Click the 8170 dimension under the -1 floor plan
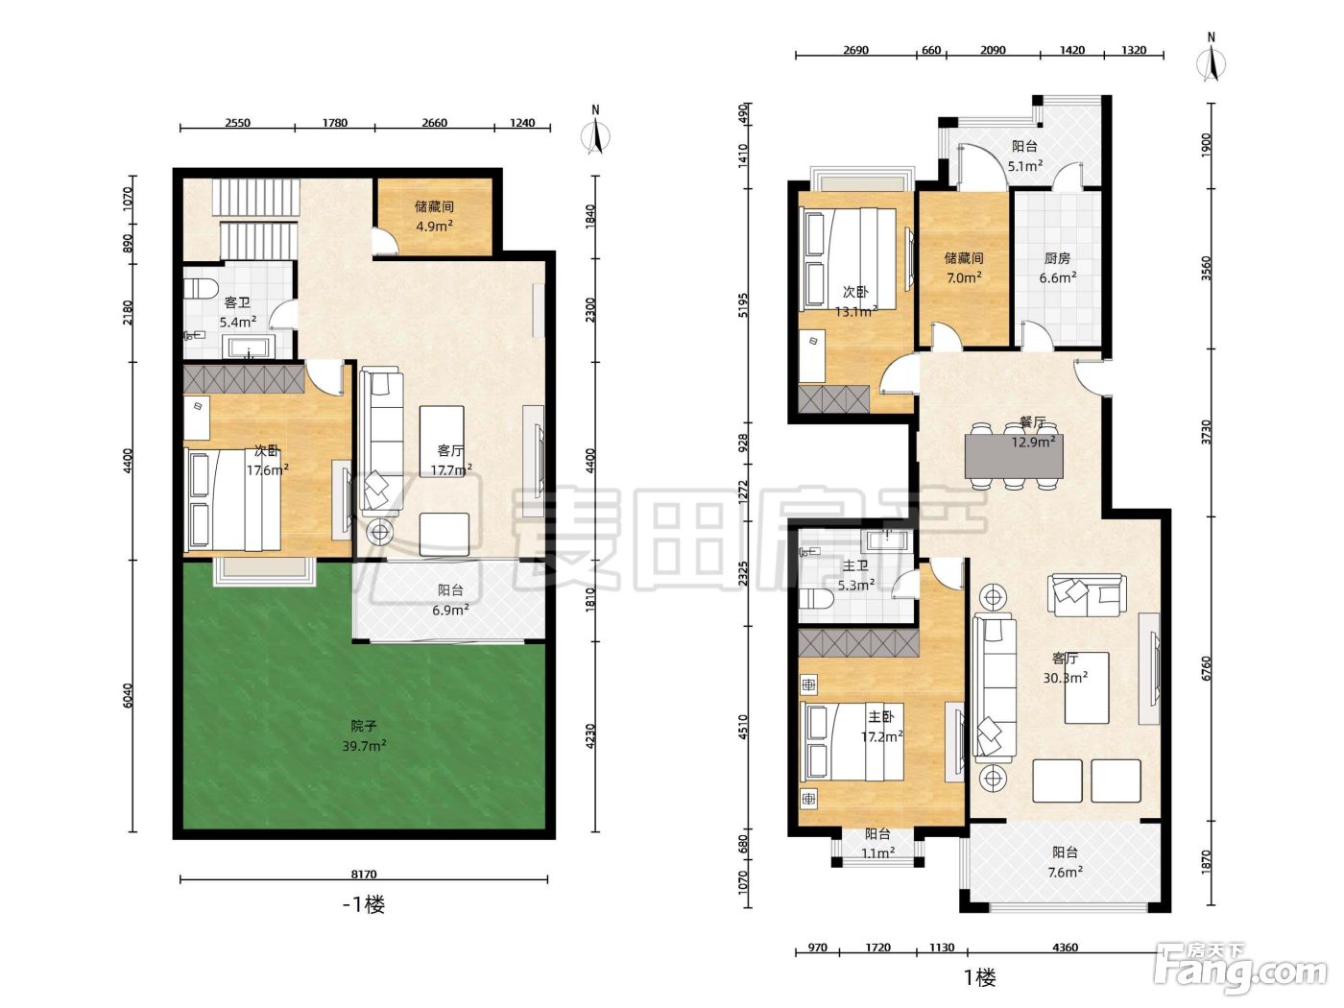pos(364,874)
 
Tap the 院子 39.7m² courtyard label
pos(364,735)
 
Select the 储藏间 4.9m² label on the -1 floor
pos(434,217)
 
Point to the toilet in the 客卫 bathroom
pos(201,286)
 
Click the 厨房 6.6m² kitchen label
pos(1058,268)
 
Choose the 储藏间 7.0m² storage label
pos(964,268)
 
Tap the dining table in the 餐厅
pos(1014,456)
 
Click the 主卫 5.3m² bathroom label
pos(855,575)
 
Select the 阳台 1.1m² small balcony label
pos(877,843)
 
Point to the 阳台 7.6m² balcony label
pos(1065,861)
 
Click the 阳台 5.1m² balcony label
pos(1025,156)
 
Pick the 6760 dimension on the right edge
pos(1206,668)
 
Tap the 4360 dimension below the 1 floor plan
pos(1065,948)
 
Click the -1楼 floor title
pos(364,904)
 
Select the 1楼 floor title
pos(980,977)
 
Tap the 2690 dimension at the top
pos(855,50)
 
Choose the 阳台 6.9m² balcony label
pos(450,600)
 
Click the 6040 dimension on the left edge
pos(128,696)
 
